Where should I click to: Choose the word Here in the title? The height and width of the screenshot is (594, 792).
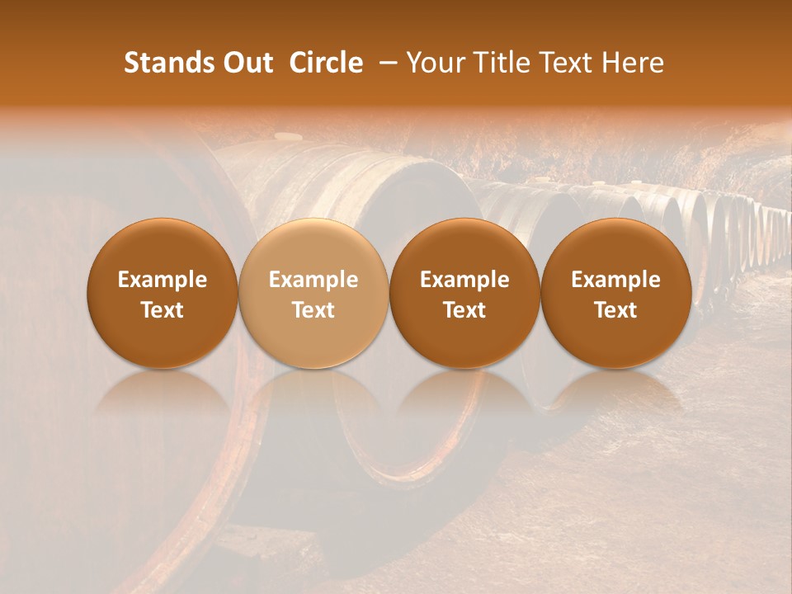pos(633,63)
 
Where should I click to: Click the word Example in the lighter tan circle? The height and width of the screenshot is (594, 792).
pos(313,280)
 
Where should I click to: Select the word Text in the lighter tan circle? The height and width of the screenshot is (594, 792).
pos(313,310)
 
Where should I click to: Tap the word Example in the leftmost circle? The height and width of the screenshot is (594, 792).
pos(163,280)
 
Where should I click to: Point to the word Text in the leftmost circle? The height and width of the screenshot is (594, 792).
pos(163,310)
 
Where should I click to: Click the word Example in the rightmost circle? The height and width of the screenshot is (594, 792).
pos(615,280)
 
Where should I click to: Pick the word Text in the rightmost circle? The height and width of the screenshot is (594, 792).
pos(615,310)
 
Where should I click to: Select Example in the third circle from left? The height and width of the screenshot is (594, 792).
pos(464,280)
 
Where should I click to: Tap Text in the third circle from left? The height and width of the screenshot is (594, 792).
pos(464,310)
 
